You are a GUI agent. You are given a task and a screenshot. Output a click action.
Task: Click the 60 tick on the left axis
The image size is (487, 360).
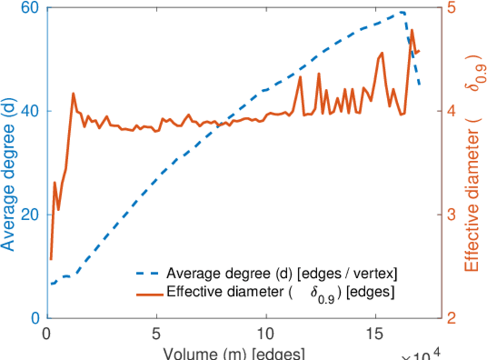pyautogui.click(x=30, y=8)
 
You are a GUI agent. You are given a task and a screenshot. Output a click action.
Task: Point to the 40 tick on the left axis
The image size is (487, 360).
pyautogui.click(x=30, y=111)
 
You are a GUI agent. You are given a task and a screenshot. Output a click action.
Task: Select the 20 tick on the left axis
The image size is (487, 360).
pyautogui.click(x=30, y=215)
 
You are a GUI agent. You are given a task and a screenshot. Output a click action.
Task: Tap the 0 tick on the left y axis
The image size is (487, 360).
pyautogui.click(x=34, y=318)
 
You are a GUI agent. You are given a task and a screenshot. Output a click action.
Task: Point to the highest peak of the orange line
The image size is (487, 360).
pyautogui.click(x=412, y=30)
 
